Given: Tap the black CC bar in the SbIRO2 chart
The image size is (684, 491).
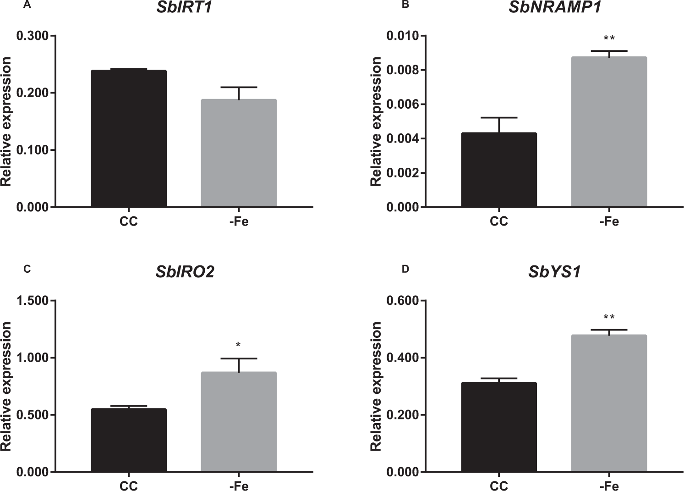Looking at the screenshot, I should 128,440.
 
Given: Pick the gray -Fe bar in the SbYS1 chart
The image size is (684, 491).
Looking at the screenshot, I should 609,403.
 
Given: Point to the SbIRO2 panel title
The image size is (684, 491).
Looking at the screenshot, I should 185,272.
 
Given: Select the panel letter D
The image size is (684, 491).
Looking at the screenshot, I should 405,269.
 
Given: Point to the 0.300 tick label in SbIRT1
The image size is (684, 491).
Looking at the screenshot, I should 33,36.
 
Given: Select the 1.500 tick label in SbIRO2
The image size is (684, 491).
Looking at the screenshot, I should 33,301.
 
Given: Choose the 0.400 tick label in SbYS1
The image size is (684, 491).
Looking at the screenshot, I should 403,358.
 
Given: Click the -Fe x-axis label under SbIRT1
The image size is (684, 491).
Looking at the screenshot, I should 239,222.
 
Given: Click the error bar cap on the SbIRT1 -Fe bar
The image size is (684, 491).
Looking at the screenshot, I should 239,87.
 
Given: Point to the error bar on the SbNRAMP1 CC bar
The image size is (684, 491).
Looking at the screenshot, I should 498,125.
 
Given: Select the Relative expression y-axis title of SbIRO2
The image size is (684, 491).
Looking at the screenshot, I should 6,386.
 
